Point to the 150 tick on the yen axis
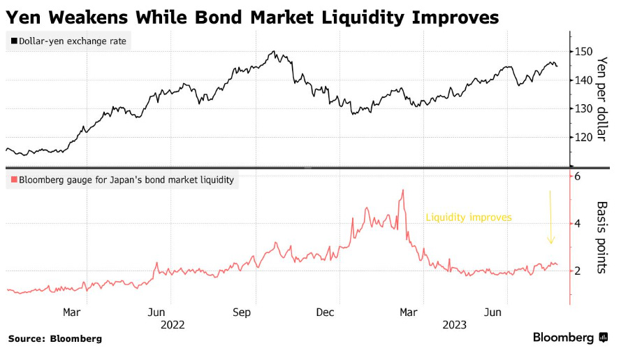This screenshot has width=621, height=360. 583,52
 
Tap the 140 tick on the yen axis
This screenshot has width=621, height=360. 583,80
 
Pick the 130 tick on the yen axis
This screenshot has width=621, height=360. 583,108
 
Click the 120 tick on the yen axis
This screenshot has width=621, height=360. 583,137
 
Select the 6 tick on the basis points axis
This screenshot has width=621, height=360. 578,177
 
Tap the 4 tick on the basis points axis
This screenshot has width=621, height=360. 578,224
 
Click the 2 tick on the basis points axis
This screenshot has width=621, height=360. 578,271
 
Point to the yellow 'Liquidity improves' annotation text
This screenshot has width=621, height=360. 469,218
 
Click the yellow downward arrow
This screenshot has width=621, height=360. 550,217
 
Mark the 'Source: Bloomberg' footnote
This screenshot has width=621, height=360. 55,338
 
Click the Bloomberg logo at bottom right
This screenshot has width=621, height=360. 570,338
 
